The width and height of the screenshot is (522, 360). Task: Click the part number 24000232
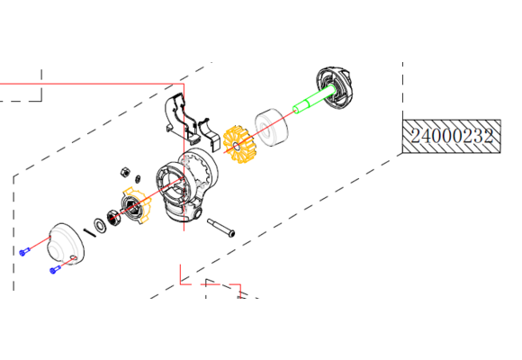click(452, 136)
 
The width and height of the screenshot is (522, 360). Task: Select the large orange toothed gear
click(238, 145)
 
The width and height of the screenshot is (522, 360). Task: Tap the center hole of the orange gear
click(236, 146)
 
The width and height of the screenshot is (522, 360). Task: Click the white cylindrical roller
click(272, 127)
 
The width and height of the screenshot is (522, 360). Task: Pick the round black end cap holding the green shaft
click(335, 87)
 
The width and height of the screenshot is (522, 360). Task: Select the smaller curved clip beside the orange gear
click(210, 134)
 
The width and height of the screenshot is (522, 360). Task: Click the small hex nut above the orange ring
click(125, 172)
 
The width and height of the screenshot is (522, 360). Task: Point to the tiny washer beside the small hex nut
click(138, 178)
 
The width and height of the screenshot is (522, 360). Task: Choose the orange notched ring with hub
click(137, 205)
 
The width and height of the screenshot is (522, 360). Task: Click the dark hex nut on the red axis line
click(113, 219)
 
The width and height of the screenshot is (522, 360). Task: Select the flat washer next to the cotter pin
click(100, 225)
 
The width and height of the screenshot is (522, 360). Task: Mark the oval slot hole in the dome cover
click(74, 257)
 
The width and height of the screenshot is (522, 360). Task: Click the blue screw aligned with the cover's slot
click(55, 269)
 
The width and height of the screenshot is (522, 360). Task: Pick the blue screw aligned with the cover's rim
click(24, 252)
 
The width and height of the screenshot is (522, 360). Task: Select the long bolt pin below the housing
click(220, 228)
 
